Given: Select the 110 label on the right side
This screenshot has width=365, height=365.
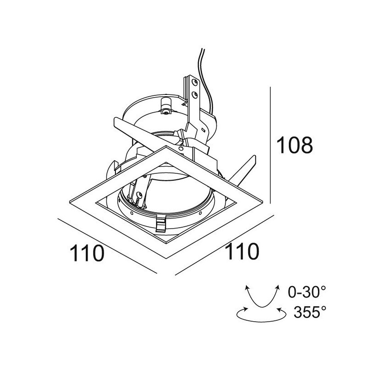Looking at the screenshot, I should click(241, 252).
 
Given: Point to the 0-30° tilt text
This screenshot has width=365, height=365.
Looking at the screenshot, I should click(308, 291).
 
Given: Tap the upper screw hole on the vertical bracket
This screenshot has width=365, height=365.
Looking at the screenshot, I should click(195, 83).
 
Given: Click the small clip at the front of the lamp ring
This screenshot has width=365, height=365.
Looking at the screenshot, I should click(161, 224).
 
